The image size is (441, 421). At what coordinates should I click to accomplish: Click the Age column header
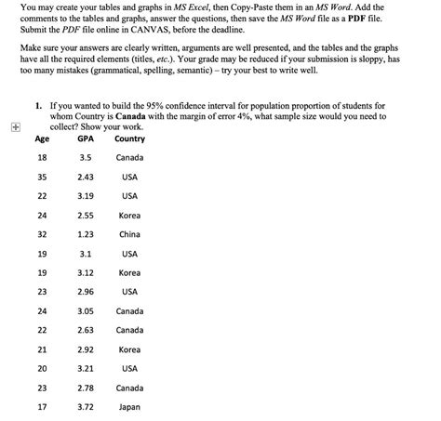[42, 138]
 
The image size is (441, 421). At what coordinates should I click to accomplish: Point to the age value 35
[42, 177]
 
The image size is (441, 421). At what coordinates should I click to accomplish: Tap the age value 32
[42, 234]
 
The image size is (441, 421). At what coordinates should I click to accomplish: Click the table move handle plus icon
[10, 129]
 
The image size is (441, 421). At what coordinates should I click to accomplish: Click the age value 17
[42, 406]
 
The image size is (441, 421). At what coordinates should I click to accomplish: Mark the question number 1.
[37, 106]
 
